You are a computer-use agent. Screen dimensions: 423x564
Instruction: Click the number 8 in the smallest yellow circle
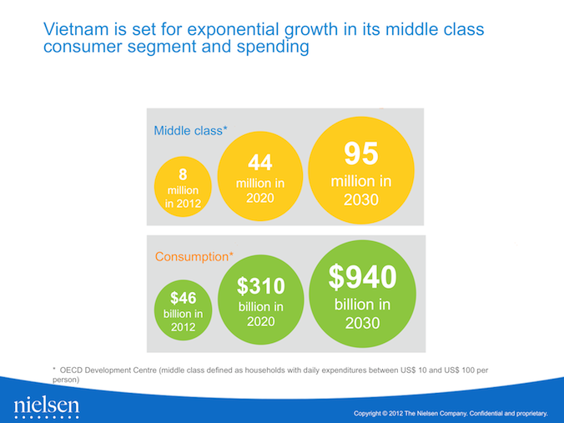(182, 174)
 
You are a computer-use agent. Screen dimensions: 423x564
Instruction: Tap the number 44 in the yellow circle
(259, 162)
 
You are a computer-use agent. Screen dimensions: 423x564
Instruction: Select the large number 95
(361, 154)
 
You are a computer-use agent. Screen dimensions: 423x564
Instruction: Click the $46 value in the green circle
(182, 297)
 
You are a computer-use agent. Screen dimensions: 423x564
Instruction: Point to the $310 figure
(260, 286)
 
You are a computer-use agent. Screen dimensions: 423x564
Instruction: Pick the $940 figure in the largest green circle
(361, 277)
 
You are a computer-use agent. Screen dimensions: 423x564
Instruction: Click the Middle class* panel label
(190, 130)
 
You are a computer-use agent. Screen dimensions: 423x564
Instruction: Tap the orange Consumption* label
(194, 256)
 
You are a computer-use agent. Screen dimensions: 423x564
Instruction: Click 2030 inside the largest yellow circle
(361, 200)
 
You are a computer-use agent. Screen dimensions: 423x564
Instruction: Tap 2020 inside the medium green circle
(260, 321)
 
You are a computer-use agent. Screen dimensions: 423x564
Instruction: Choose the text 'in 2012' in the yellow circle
(182, 202)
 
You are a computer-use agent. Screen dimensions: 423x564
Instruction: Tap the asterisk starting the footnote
(53, 367)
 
